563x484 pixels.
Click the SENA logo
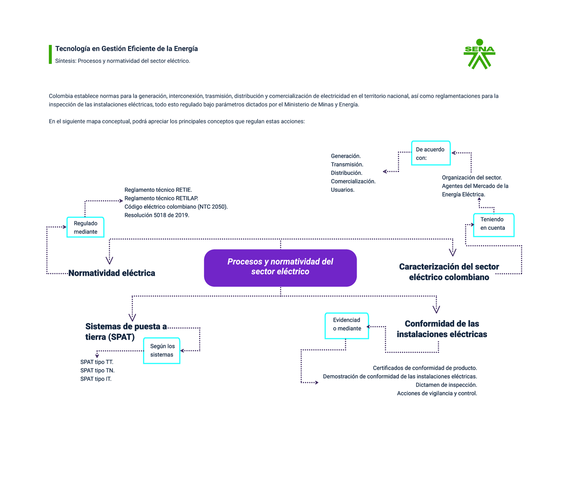pyautogui.click(x=479, y=54)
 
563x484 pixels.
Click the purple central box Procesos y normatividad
pyautogui.click(x=280, y=267)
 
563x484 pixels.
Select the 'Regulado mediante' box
pyautogui.click(x=85, y=227)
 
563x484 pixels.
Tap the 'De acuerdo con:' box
pyautogui.click(x=431, y=153)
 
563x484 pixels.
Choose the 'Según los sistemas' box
pyautogui.click(x=162, y=350)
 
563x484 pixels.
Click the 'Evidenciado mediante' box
pyautogui.click(x=347, y=325)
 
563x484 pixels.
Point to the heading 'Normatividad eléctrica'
pyautogui.click(x=112, y=273)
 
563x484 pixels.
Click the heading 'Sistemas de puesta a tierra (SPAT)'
pyautogui.click(x=125, y=332)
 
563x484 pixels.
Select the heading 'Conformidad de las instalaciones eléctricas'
pyautogui.click(x=441, y=329)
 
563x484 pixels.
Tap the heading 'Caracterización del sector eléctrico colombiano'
pyautogui.click(x=449, y=272)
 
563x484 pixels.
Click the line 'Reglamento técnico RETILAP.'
pyautogui.click(x=161, y=198)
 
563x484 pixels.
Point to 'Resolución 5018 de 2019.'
pyautogui.click(x=157, y=215)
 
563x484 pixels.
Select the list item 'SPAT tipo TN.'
pyautogui.click(x=97, y=371)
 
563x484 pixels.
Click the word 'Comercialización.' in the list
pyautogui.click(x=353, y=181)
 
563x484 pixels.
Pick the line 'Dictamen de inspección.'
pyautogui.click(x=446, y=385)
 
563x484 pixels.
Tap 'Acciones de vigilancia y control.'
pyautogui.click(x=437, y=393)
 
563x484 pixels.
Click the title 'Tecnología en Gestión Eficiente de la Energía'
pyautogui.click(x=127, y=49)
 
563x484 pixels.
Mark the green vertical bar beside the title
pyautogui.click(x=50, y=54)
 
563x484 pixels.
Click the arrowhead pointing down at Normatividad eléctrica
pyautogui.click(x=109, y=260)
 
